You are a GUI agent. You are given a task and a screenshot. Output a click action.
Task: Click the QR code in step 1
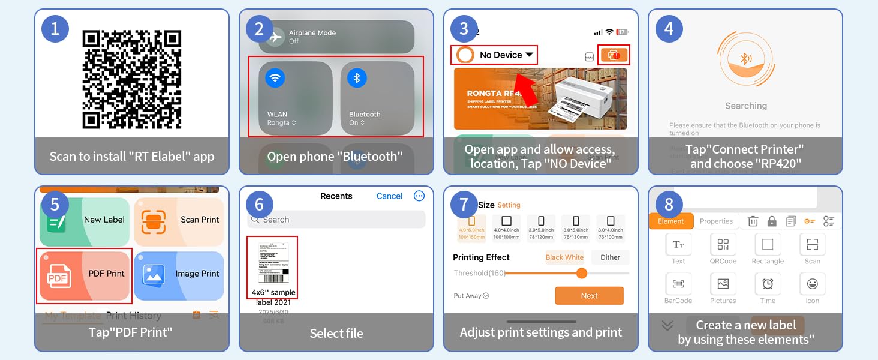131,80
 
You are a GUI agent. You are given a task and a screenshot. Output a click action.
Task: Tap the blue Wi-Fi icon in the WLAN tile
275,77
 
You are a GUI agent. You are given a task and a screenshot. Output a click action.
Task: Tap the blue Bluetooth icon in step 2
357,77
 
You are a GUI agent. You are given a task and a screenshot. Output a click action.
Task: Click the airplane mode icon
275,37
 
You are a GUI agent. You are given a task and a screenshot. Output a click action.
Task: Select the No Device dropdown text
501,55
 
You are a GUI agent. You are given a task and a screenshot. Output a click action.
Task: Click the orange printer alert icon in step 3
614,55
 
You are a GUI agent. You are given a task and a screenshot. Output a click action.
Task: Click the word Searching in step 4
745,106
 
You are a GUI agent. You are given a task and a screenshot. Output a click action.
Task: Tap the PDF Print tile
85,274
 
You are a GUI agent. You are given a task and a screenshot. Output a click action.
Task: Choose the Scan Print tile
179,221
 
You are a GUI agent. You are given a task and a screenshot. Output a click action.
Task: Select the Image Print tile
179,274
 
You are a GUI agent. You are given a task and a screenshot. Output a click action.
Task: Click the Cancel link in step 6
389,196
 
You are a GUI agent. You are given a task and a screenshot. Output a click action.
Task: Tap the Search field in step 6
336,220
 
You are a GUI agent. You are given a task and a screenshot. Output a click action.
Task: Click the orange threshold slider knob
581,273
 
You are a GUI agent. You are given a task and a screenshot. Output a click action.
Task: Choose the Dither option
610,257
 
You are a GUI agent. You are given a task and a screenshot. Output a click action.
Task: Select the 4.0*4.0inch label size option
507,227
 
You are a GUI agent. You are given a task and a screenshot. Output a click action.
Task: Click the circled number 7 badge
464,205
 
